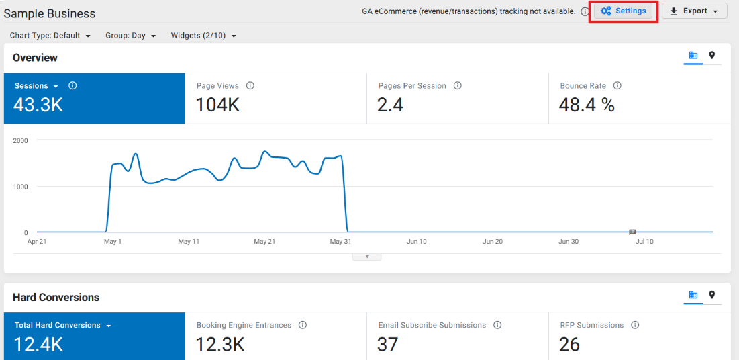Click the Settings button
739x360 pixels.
(x=623, y=11)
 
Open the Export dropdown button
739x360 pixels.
(x=695, y=11)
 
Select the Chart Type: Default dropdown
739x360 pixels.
(x=50, y=36)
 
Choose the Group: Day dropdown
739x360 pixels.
(x=131, y=36)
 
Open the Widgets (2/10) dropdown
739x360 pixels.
(x=203, y=36)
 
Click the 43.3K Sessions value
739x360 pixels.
(x=38, y=105)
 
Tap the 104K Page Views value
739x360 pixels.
(x=217, y=105)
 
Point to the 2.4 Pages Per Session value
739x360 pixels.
(x=390, y=105)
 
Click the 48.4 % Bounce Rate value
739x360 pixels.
(x=587, y=105)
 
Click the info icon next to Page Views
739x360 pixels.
(x=250, y=86)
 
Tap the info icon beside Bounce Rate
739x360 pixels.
(x=618, y=86)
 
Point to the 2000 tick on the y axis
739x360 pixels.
(x=21, y=140)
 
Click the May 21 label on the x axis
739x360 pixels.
(x=264, y=242)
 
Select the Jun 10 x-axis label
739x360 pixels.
(x=417, y=242)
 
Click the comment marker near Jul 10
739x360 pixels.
(x=632, y=232)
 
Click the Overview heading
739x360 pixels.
(x=36, y=58)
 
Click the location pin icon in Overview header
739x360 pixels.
(x=711, y=56)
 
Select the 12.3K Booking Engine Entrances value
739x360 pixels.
(x=220, y=345)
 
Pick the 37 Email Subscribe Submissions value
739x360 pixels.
(x=388, y=345)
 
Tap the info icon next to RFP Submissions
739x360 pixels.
(x=635, y=325)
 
